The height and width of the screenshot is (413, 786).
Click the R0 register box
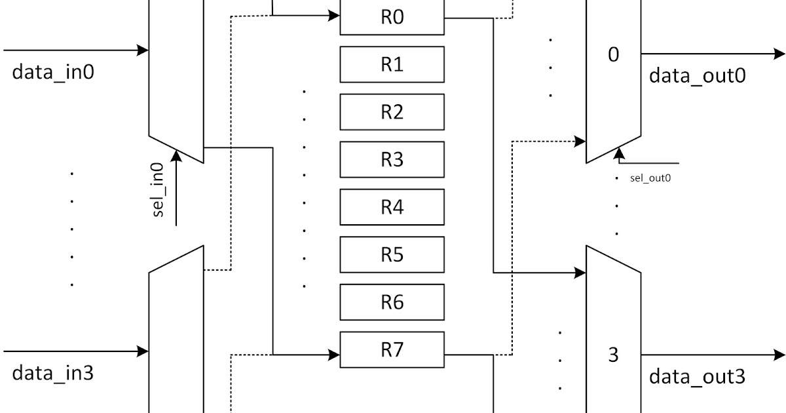(392, 18)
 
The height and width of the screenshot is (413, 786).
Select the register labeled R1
(392, 64)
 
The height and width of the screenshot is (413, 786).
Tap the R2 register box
(392, 112)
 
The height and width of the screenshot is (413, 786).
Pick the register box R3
(392, 159)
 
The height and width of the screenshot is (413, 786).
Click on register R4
(392, 207)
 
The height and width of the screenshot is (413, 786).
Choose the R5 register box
(392, 254)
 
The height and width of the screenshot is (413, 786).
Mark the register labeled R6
(392, 302)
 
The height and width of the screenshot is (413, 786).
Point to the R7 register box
(392, 349)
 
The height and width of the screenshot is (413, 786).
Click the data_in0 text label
(53, 72)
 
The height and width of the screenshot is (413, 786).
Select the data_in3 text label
(53, 374)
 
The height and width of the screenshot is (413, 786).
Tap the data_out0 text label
(697, 76)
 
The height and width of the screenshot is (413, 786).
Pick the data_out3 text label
(697, 377)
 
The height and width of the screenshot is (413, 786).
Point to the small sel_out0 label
(651, 178)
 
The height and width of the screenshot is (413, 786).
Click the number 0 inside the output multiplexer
(613, 54)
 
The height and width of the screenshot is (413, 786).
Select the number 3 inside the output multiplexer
(613, 355)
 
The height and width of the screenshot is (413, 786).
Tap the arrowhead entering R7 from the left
(334, 355)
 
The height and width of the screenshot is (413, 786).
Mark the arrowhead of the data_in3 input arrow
(142, 352)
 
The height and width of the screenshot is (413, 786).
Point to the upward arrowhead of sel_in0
(176, 155)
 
